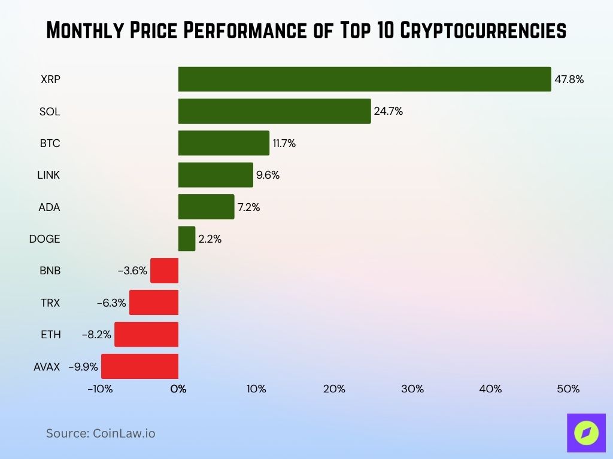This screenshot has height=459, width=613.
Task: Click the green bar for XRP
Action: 364,79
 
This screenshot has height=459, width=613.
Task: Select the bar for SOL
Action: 274,111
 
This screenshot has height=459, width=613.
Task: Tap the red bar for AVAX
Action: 139,366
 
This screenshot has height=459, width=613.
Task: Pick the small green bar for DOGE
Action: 187,238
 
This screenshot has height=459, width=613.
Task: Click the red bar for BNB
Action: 164,271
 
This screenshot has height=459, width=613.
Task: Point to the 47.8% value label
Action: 569,79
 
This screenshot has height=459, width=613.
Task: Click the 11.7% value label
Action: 284,143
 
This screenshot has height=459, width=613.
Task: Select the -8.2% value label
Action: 96,335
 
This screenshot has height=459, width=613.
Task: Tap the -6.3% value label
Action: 111,303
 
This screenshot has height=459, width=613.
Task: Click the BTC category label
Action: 50,143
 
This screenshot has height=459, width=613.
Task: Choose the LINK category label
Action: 48,175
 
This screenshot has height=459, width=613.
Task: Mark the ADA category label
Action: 50,207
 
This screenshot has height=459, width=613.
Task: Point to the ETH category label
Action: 50,335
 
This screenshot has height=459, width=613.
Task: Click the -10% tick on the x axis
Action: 100,389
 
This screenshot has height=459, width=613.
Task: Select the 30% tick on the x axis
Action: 412,389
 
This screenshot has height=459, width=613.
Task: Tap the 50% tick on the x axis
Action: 568,389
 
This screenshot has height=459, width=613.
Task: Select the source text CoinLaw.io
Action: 124,433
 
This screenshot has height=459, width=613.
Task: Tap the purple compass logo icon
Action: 586,433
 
